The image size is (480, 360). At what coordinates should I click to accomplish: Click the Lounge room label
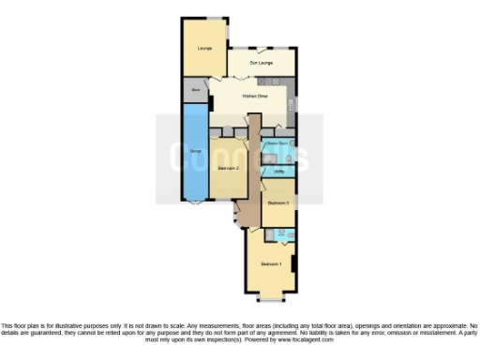204,48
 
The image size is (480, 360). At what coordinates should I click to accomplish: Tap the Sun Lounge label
261,64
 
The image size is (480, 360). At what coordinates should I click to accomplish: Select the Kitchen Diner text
255,96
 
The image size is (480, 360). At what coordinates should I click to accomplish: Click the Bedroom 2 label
229,168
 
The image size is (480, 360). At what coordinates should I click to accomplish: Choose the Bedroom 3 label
277,202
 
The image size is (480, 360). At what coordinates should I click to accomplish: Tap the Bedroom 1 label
270,264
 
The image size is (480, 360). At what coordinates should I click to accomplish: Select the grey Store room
196,89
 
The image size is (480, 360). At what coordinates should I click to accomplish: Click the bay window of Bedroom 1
270,299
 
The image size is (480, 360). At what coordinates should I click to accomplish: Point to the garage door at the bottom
195,201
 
